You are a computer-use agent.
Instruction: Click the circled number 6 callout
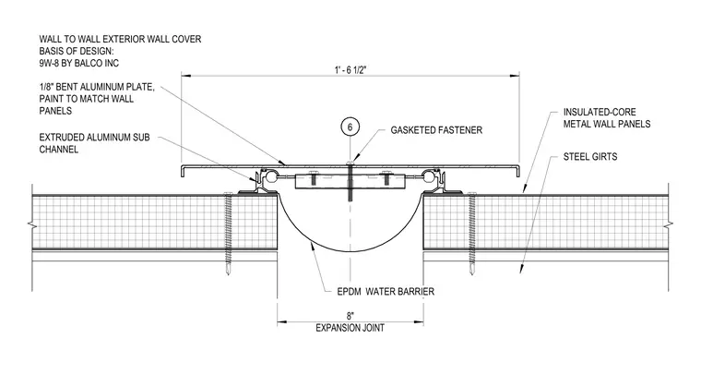click(350, 127)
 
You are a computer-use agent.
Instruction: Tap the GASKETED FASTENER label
click(436, 130)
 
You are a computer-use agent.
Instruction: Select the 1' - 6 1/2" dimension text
click(350, 70)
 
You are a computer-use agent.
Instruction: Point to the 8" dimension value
click(350, 316)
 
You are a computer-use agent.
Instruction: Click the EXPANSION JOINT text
click(350, 328)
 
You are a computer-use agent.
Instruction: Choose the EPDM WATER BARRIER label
click(386, 292)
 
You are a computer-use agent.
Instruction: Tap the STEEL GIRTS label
click(590, 157)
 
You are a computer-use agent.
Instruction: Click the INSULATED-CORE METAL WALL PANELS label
click(607, 118)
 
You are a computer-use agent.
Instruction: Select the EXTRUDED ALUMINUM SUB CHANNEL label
click(94, 143)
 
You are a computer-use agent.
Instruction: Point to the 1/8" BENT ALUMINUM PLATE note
click(97, 99)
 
